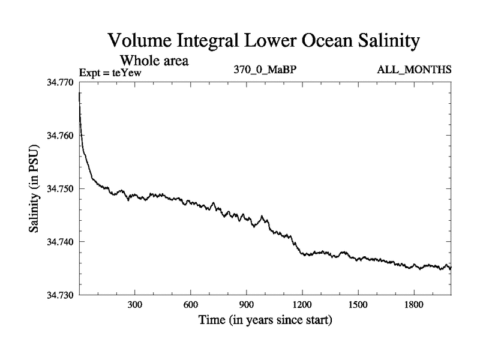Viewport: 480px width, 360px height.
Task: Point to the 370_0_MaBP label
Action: click(x=265, y=70)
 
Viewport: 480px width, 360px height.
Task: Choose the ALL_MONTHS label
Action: click(x=414, y=70)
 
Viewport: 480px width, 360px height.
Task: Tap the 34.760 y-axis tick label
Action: click(x=61, y=136)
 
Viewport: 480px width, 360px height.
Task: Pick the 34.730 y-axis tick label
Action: click(x=61, y=295)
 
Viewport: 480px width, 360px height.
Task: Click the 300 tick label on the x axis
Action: click(x=135, y=305)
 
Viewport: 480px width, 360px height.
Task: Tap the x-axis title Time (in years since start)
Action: click(x=265, y=320)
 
